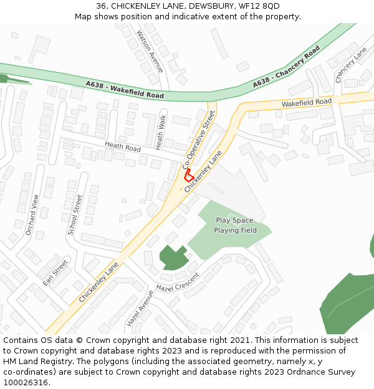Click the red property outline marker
click(189, 174)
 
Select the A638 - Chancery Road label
click(286, 67)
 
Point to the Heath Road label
click(123, 147)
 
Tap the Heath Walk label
click(161, 132)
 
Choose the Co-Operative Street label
click(199, 140)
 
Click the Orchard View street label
click(32, 214)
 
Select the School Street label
click(75, 215)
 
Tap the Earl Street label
click(55, 273)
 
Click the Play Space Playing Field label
click(235, 225)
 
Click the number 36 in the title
click(101, 6)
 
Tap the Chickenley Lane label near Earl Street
click(98, 282)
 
